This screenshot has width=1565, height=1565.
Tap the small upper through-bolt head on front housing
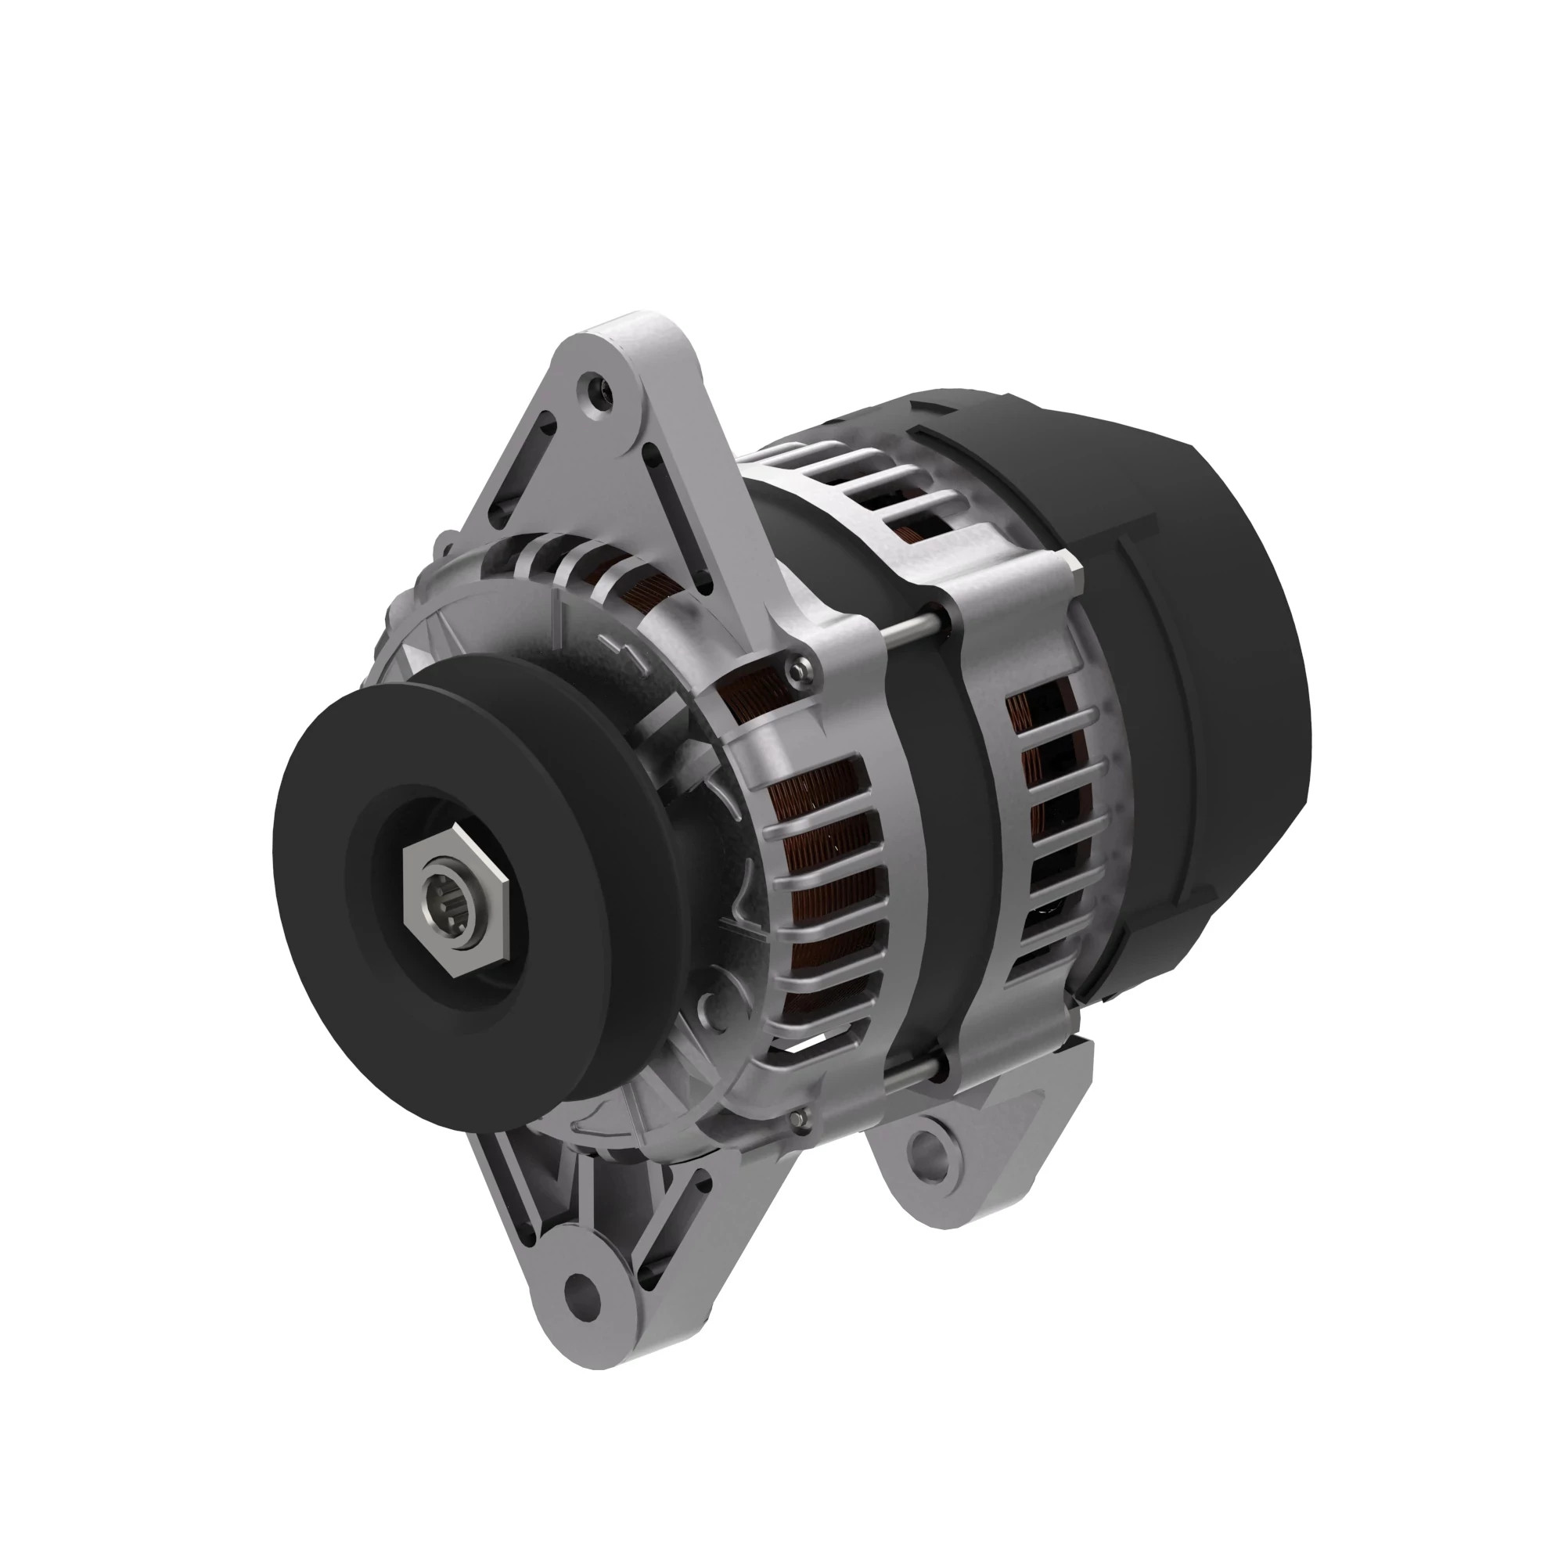tap(799, 667)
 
